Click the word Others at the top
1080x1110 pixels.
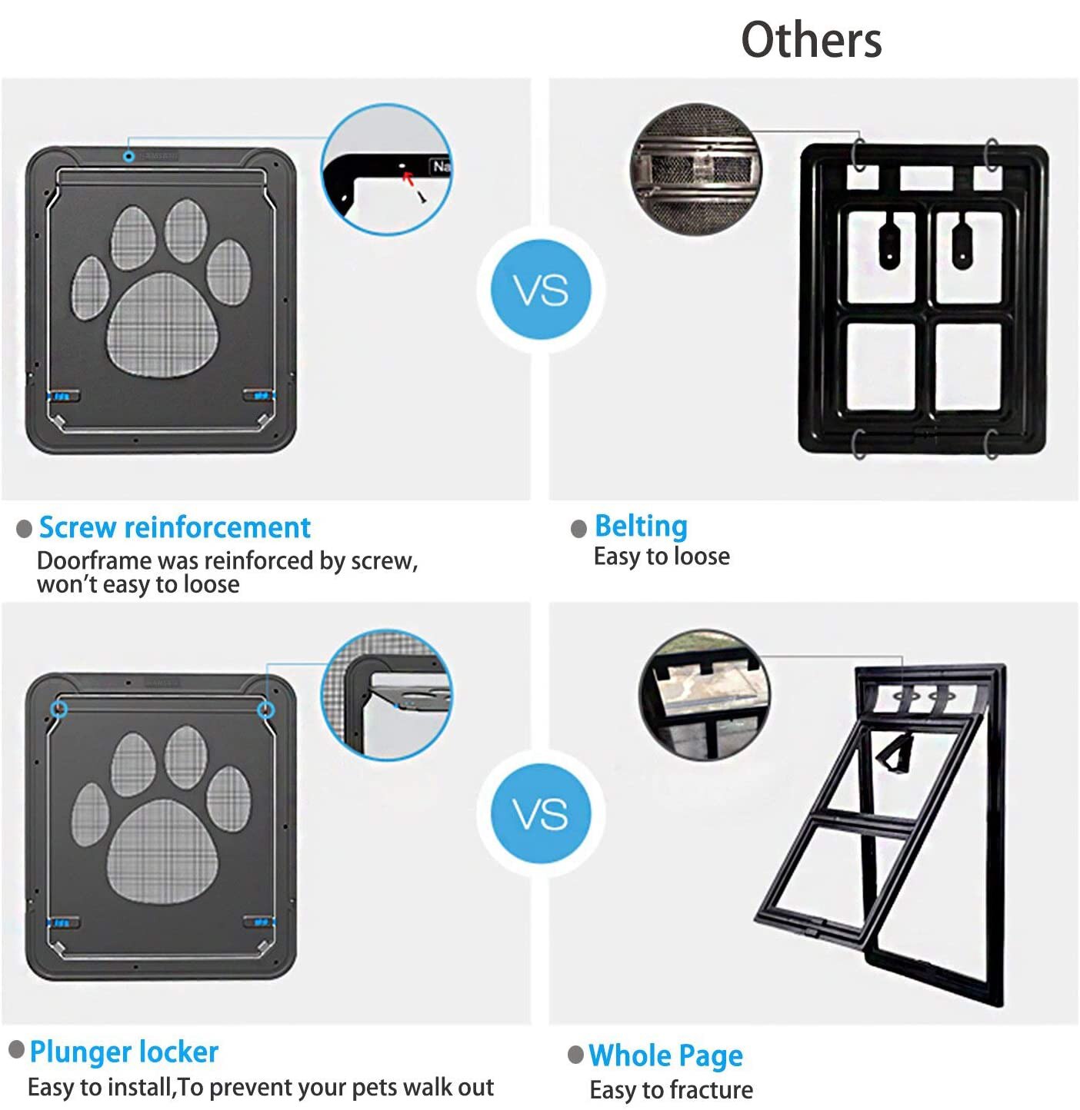(811, 40)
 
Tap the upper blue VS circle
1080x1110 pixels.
(541, 290)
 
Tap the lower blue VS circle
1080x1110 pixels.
(541, 814)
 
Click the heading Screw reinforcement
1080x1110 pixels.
(175, 527)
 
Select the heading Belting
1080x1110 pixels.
(641, 527)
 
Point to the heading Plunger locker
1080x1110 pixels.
(124, 1052)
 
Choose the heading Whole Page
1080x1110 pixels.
(665, 1055)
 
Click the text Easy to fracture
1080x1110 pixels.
(671, 1090)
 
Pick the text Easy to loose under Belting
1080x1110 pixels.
(662, 556)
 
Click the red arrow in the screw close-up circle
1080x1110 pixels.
(408, 179)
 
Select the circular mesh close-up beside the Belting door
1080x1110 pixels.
(695, 169)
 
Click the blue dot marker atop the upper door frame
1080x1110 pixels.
(129, 156)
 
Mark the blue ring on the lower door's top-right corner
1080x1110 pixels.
(265, 709)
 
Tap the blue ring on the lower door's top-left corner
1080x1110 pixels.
(59, 709)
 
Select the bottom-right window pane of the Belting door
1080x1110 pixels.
(968, 367)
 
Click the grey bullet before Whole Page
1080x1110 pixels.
(575, 1054)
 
